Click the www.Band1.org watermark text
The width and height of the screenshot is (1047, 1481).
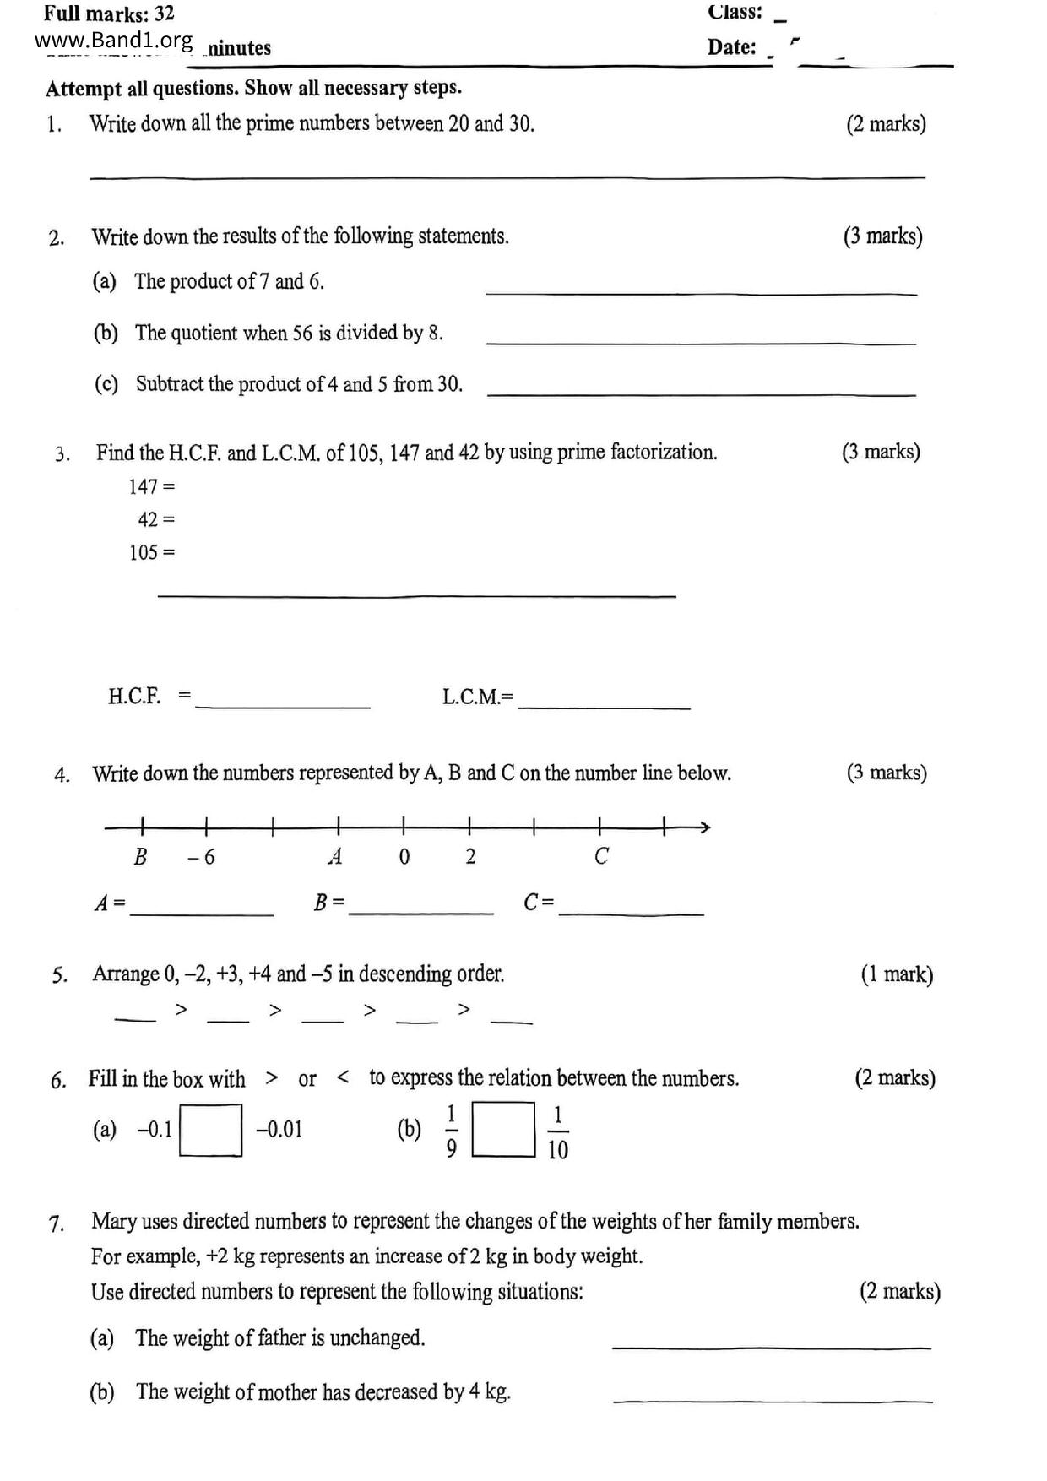coord(113,41)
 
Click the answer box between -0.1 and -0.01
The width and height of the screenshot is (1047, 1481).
coord(211,1130)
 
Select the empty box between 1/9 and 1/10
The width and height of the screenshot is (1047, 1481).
coord(503,1129)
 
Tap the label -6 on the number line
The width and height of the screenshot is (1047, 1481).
coord(202,857)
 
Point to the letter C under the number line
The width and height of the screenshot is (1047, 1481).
coord(601,856)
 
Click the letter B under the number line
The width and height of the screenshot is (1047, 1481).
coord(140,856)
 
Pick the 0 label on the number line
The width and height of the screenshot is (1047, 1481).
coord(404,857)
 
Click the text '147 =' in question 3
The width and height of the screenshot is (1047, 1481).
coord(151,486)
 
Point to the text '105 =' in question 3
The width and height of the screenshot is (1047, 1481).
coord(152,552)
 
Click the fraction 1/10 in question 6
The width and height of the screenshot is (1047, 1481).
coord(558,1132)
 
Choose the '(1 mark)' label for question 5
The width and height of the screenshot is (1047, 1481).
coord(897,974)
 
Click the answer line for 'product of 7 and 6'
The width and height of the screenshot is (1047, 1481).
coord(701,292)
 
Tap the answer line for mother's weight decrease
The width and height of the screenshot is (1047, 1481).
coord(773,1400)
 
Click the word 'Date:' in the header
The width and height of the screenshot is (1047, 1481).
coord(731,46)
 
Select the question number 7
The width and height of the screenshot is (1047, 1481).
coord(57,1223)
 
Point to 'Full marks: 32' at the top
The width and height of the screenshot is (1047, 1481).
coord(109,14)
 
